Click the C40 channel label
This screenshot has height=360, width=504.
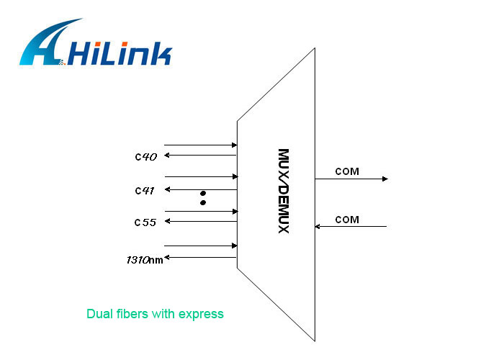(146, 157)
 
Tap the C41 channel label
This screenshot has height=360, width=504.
(145, 191)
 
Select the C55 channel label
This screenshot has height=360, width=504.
(145, 222)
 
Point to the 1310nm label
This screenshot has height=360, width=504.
(145, 260)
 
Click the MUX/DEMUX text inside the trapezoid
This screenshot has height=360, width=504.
(284, 191)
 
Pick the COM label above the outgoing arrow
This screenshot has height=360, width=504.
(347, 171)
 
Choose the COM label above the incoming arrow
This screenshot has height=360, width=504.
(347, 220)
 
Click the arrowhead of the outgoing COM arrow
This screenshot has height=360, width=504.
(385, 179)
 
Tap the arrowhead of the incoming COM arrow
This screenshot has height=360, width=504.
(318, 226)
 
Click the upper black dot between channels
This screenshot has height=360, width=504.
(203, 193)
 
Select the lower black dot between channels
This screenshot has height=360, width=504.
(203, 202)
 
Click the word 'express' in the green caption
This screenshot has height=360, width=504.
(201, 315)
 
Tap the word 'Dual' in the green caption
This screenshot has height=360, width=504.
(99, 314)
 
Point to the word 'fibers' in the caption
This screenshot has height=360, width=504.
(132, 314)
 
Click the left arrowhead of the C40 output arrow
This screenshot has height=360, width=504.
(167, 156)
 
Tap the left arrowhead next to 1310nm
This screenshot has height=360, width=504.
(167, 258)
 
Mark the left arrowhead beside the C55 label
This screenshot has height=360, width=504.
(168, 221)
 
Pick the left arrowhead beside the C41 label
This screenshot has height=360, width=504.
(168, 189)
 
